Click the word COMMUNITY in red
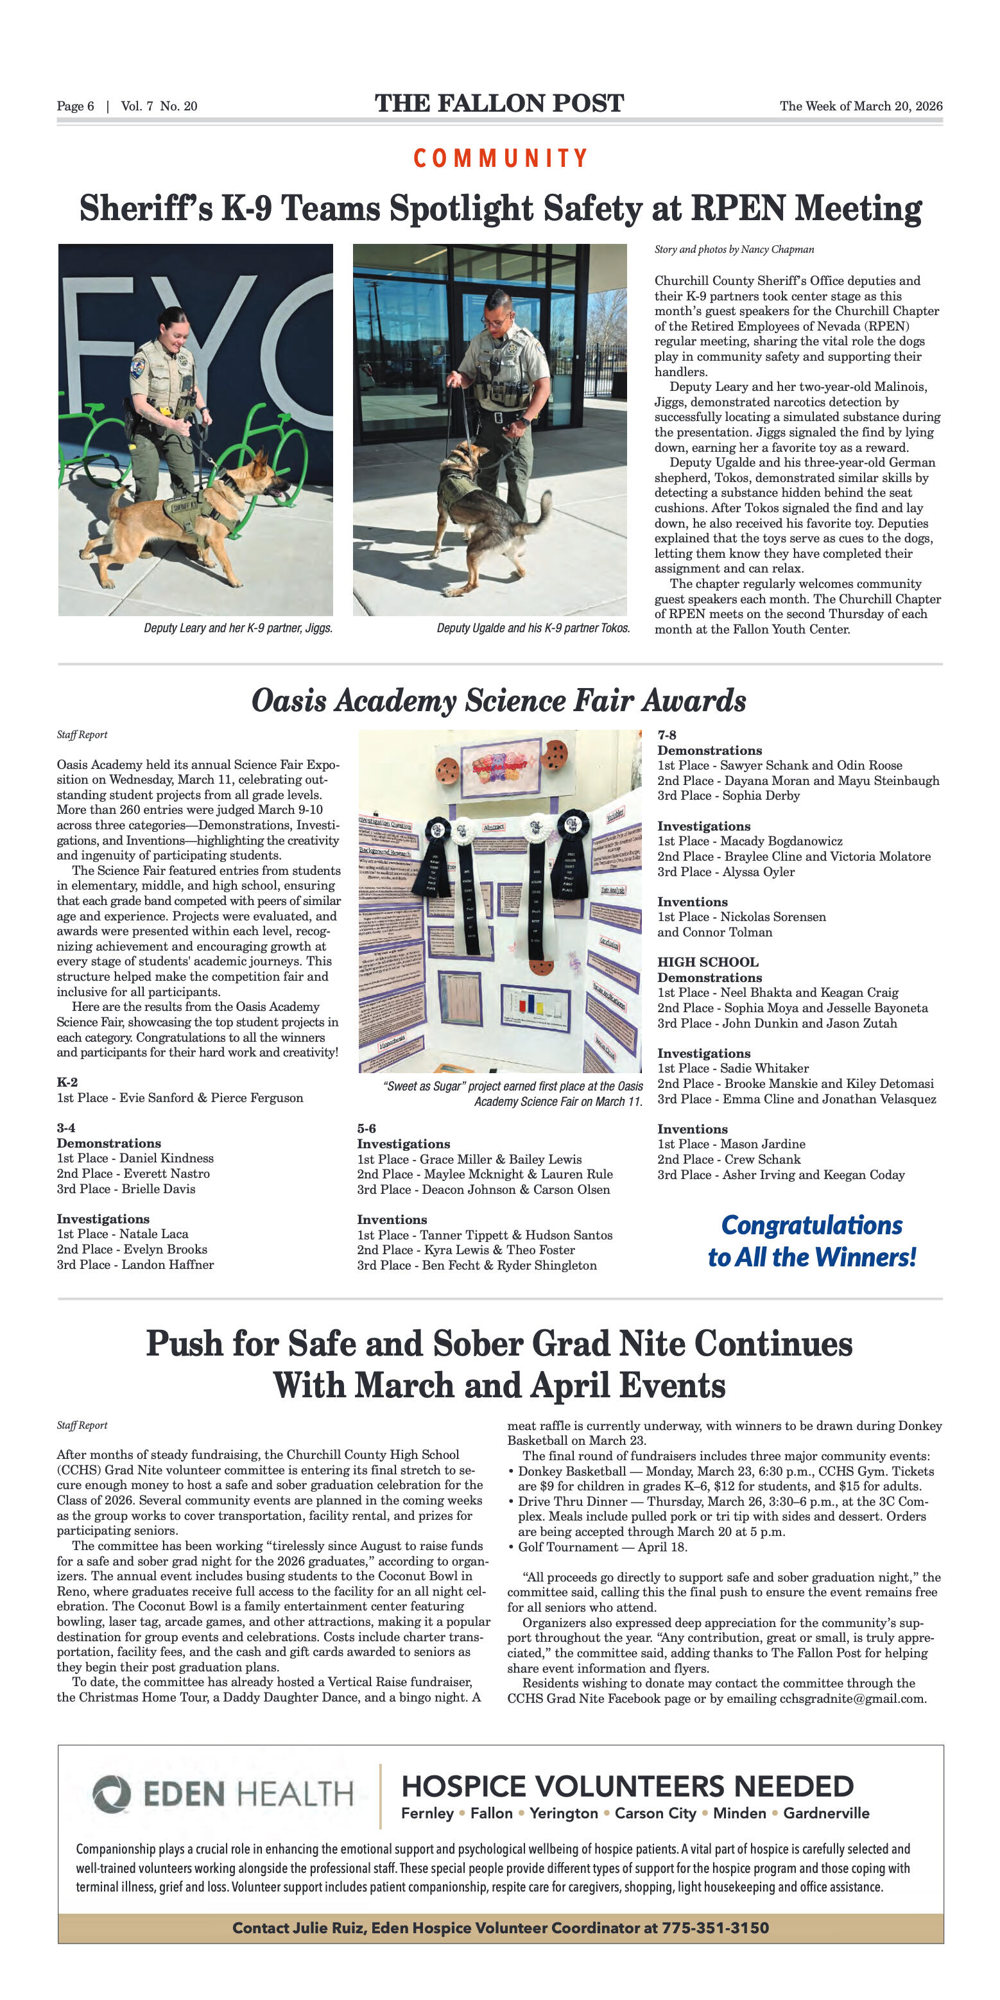[500, 159]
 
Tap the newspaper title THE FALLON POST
[499, 103]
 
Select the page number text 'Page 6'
[75, 107]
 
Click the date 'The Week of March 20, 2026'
[860, 107]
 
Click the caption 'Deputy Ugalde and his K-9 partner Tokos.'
[533, 628]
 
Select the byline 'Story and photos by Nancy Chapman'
[734, 249]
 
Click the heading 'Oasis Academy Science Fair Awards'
[499, 700]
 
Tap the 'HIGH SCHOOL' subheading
[707, 962]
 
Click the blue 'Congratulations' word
[811, 1225]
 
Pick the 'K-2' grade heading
[67, 1082]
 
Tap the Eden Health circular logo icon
[112, 1794]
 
